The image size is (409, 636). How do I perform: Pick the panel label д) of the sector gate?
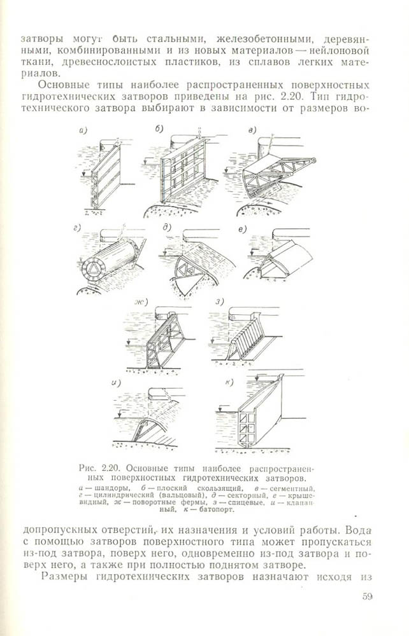167,227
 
